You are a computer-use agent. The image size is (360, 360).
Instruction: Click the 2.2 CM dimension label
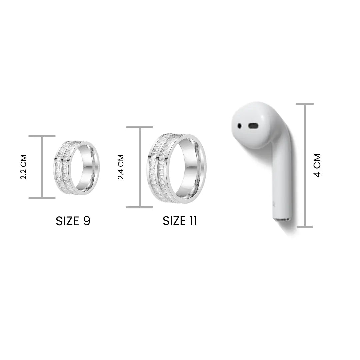24,167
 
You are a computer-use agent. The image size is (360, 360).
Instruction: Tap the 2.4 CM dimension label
121,167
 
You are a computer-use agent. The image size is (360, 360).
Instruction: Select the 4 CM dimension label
317,165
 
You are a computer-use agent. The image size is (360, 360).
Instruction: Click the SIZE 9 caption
73,221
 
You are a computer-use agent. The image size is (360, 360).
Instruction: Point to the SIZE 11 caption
180,221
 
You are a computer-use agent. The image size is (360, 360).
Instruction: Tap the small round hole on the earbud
239,126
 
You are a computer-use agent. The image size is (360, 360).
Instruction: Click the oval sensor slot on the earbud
253,126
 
